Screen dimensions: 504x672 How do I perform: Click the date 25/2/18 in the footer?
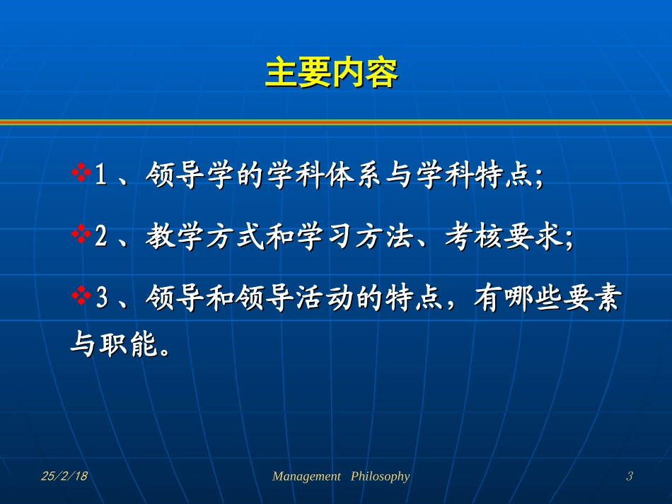[x=64, y=476]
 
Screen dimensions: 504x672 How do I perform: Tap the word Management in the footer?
[x=306, y=476]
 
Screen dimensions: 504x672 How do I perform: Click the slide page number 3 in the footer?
[x=629, y=476]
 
